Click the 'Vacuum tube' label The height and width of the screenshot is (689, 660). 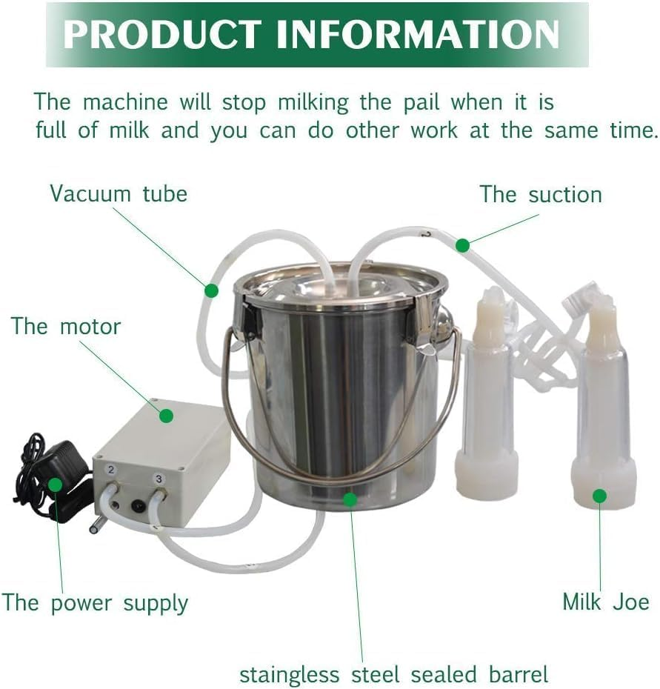pos(119,194)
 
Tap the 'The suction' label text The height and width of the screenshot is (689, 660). pos(541,195)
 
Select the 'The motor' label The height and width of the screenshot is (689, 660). pos(66,326)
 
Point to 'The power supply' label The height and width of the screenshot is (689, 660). pos(95,602)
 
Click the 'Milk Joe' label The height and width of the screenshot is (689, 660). pos(606,601)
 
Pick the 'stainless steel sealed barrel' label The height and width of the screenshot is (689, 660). pos(393,675)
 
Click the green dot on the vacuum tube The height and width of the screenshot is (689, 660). pos(212,290)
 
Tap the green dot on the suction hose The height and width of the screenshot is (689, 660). pos(463,244)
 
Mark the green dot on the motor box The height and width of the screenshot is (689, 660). pos(167,416)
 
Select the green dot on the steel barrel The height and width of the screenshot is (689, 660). pos(350,500)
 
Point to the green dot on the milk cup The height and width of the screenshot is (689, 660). pos(599,496)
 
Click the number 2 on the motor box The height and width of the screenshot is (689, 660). pos(111,470)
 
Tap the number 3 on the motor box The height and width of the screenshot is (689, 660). pos(159,479)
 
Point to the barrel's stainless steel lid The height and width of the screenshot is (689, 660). pos(341,285)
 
